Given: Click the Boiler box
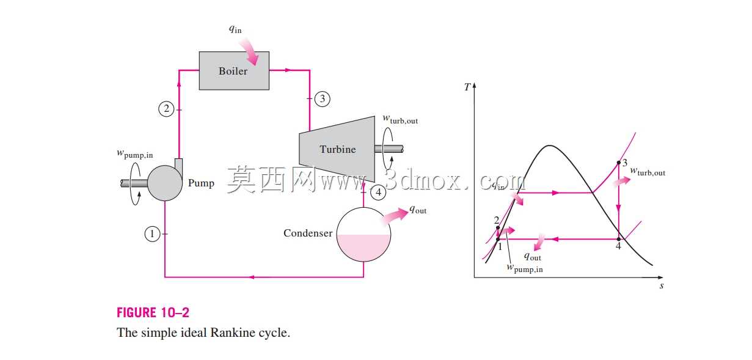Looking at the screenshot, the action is click(234, 70).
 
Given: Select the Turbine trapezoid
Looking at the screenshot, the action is click(337, 149).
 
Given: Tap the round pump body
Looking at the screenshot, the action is click(165, 183).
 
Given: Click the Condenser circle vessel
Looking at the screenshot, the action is click(363, 235).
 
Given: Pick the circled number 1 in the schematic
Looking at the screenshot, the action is click(152, 233).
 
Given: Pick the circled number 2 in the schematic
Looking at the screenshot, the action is click(166, 109).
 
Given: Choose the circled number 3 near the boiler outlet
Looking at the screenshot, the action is click(323, 99).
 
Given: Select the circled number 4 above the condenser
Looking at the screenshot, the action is click(378, 193).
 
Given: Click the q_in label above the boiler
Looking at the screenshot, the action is click(235, 29).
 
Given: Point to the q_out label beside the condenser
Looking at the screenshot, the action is click(418, 210).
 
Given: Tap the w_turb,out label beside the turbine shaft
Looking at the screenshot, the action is click(400, 120).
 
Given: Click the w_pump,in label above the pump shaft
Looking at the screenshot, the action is click(134, 154).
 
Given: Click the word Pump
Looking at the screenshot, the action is click(201, 183).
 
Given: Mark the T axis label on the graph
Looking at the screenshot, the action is click(467, 87).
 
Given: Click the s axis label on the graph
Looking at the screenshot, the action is click(662, 286).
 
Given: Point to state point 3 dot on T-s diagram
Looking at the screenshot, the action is click(619, 163).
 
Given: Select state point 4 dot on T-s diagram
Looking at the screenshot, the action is click(619, 239).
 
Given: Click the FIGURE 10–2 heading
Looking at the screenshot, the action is click(153, 313).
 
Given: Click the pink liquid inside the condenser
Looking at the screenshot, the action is click(363, 248).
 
